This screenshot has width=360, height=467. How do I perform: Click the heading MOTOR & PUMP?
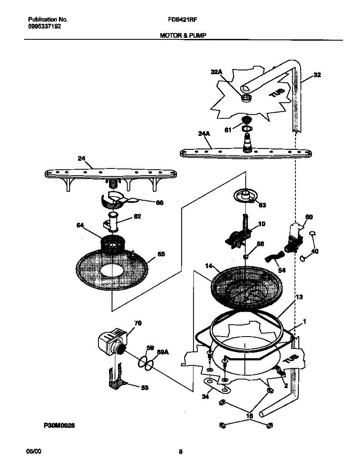[183, 35]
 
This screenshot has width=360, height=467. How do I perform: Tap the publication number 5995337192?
[44, 26]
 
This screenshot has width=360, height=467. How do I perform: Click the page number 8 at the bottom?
[181, 452]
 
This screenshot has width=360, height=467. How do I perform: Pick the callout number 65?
[161, 254]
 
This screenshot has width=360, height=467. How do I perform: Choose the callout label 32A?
[217, 72]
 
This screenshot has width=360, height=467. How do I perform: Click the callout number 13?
[299, 297]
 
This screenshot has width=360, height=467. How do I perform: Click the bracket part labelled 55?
[117, 383]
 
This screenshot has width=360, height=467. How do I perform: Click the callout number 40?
[315, 251]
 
